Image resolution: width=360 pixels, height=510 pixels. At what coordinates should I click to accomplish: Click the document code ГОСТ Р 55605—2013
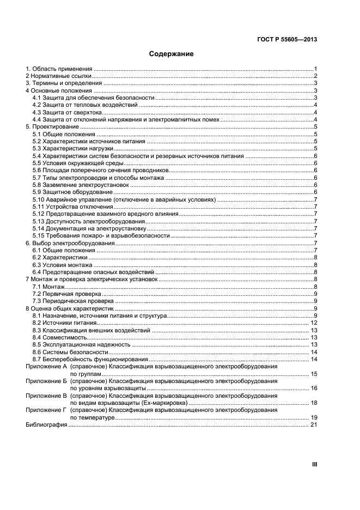(287, 39)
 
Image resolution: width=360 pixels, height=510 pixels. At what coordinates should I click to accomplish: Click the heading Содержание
(172, 54)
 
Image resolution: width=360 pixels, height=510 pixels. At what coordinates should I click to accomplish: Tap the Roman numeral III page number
(314, 464)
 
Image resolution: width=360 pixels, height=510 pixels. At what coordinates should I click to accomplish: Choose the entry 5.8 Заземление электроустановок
(81, 185)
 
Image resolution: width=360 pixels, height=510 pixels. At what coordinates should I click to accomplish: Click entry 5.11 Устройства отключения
(72, 207)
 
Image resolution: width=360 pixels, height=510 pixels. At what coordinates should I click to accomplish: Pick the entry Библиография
(46, 425)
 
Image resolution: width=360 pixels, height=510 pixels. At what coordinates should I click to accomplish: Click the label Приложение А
(46, 367)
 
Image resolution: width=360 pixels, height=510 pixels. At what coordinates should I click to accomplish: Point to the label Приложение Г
(46, 410)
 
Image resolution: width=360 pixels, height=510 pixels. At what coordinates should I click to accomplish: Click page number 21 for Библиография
(314, 425)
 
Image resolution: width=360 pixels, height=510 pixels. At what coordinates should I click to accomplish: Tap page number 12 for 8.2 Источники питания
(314, 323)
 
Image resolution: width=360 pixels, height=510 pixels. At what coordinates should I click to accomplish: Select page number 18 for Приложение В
(314, 403)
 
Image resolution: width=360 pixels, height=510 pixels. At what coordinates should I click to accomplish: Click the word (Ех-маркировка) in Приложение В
(163, 403)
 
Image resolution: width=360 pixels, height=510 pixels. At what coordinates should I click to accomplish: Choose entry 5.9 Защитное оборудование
(73, 192)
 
